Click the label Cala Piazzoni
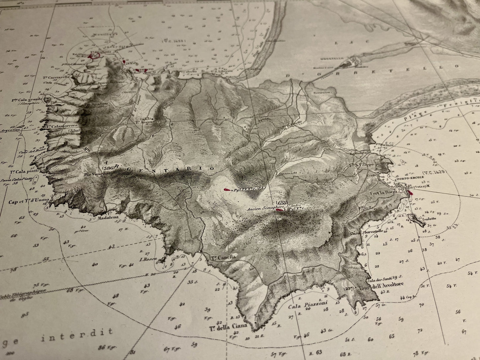(308, 304)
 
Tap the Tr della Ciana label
(228, 327)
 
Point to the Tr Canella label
(224, 257)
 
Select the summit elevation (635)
(281, 203)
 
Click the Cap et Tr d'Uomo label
(29, 201)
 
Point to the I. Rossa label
(148, 260)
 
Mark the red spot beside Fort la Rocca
(410, 192)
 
